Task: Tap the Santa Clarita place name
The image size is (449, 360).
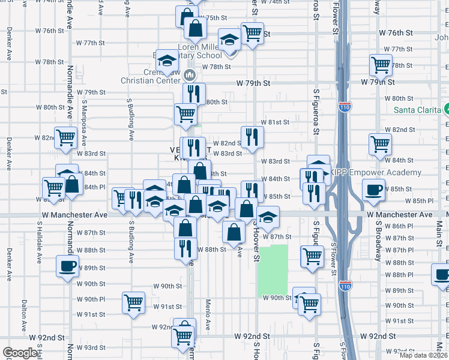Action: pyautogui.click(x=418, y=110)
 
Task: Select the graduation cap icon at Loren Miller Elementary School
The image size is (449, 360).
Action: pyautogui.click(x=229, y=40)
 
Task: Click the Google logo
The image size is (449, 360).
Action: pyautogui.click(x=20, y=352)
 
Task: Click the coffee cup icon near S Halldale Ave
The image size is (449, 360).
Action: pyautogui.click(x=67, y=266)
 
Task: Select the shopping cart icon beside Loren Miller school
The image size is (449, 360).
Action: pyautogui.click(x=252, y=33)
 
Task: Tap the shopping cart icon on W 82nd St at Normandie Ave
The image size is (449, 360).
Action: pyautogui.click(x=65, y=137)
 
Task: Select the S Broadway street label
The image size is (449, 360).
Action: pyautogui.click(x=378, y=241)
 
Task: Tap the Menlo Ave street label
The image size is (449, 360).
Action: pyautogui.click(x=208, y=314)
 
